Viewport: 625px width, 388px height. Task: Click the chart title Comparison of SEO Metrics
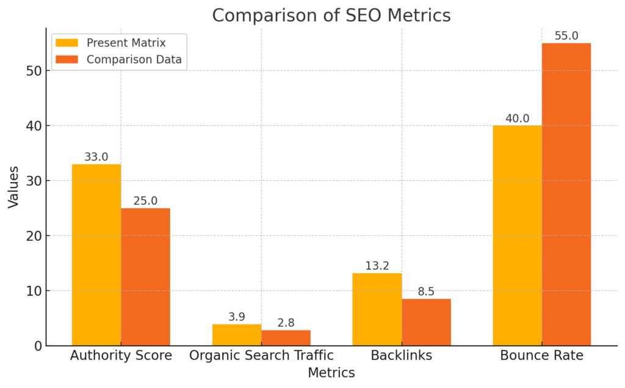(x=331, y=15)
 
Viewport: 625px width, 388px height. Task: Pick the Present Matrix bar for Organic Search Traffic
(x=237, y=335)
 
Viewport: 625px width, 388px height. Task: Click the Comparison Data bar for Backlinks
(x=426, y=322)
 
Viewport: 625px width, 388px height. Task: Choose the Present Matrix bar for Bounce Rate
(x=518, y=235)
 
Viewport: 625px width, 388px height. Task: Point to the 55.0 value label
(x=566, y=36)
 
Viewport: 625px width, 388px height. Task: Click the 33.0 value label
(x=96, y=157)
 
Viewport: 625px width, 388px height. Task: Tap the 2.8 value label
(x=286, y=323)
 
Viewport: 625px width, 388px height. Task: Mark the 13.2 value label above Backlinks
(x=377, y=266)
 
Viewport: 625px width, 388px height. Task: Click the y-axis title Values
(x=13, y=186)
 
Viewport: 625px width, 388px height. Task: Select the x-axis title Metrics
(x=331, y=373)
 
